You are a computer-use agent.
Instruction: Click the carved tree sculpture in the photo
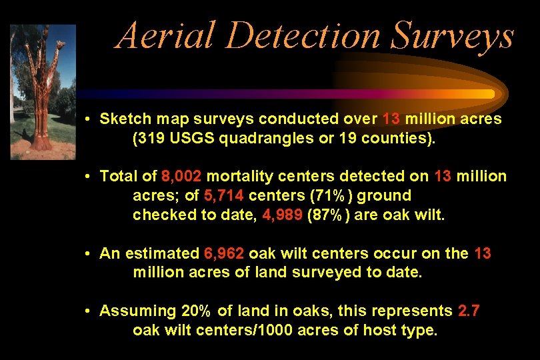click(42, 93)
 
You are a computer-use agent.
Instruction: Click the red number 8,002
click(181, 177)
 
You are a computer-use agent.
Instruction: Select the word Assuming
click(137, 311)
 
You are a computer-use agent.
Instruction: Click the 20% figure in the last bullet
click(195, 311)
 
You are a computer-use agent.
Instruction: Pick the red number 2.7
click(469, 311)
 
